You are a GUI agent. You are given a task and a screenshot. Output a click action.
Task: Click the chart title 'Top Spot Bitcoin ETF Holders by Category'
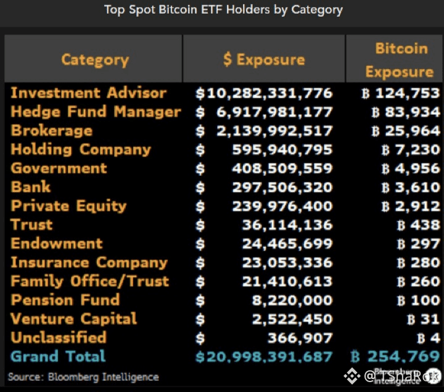(x=223, y=10)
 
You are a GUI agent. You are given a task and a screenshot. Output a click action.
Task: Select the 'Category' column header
(x=95, y=60)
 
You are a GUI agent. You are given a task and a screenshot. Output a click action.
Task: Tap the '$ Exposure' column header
(x=264, y=60)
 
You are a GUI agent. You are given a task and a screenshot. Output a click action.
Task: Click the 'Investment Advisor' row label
(x=89, y=93)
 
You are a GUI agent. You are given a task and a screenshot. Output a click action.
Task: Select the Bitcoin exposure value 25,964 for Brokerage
(x=406, y=131)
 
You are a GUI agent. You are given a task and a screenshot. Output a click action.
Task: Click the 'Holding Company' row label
(x=81, y=149)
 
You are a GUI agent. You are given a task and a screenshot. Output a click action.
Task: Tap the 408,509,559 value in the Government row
(x=282, y=169)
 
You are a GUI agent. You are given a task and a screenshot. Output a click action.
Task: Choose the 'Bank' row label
(x=31, y=187)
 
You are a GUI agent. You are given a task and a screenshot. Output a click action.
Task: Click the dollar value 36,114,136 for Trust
(x=287, y=225)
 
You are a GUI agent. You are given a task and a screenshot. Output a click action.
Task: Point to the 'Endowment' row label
(x=57, y=243)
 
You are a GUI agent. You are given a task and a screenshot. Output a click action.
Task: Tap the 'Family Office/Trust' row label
(x=90, y=281)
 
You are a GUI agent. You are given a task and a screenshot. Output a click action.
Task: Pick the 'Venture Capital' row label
(x=74, y=319)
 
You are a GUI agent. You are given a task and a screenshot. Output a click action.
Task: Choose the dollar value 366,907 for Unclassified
(x=300, y=338)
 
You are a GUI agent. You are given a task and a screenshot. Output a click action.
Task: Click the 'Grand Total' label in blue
(x=59, y=356)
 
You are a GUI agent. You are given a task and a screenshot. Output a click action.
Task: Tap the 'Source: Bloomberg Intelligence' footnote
(x=83, y=377)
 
